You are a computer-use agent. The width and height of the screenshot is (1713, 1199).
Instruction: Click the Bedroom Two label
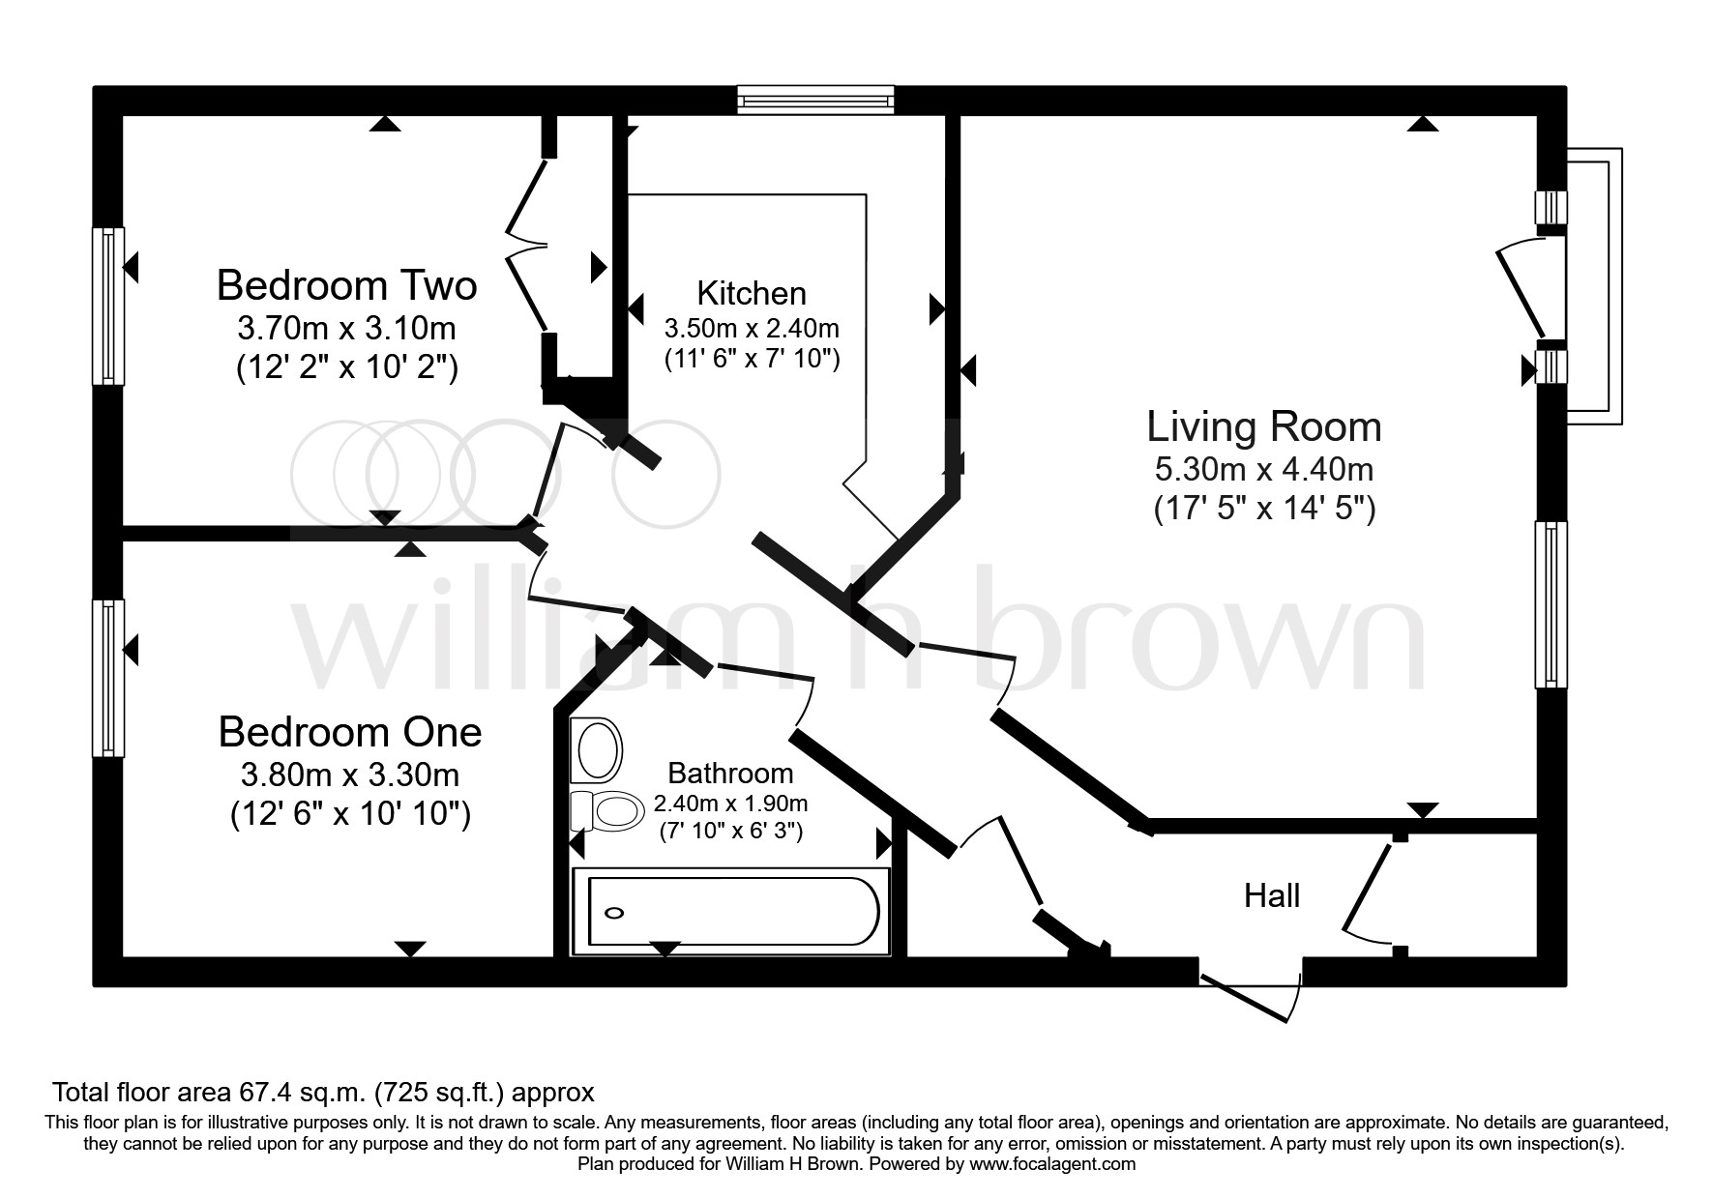click(x=346, y=286)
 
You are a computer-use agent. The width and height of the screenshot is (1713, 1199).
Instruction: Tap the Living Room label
click(x=1263, y=426)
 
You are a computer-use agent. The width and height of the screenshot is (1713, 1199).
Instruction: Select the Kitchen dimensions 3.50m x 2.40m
click(x=752, y=329)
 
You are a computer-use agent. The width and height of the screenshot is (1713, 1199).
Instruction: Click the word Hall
click(x=1271, y=896)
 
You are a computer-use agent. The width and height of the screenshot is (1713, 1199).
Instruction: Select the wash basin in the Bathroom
click(x=597, y=750)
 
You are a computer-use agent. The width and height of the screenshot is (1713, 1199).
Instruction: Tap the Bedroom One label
click(x=350, y=732)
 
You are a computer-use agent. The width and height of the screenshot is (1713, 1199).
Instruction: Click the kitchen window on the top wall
click(x=814, y=99)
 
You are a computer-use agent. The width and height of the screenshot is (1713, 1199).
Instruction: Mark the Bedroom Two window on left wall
click(x=107, y=306)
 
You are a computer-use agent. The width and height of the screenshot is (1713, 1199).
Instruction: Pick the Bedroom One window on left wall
click(x=107, y=678)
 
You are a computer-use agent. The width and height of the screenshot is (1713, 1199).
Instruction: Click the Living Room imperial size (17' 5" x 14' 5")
click(x=1263, y=509)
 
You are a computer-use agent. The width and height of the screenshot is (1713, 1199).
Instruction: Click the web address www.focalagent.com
click(x=1052, y=1164)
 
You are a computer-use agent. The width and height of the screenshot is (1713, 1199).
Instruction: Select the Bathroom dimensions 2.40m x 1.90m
click(x=730, y=804)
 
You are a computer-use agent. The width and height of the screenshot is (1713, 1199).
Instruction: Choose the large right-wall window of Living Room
click(x=1551, y=604)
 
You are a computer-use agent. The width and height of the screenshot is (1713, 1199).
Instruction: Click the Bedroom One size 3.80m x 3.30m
click(x=350, y=775)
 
